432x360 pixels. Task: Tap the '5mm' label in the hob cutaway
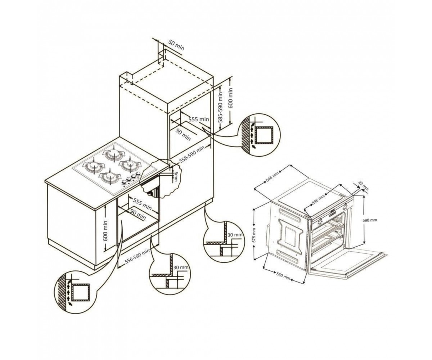175,176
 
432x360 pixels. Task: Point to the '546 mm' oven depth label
272,177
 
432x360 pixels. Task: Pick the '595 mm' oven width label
318,200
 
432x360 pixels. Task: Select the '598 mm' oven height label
370,220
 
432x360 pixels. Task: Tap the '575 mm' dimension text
254,235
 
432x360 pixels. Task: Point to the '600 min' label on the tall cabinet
231,98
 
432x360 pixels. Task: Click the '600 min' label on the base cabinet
105,231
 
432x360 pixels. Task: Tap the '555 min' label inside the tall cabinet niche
199,119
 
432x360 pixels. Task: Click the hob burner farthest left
94,166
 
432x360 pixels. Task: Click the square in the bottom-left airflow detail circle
81,292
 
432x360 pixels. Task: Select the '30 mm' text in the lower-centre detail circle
181,267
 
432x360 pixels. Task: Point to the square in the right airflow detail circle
264,135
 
